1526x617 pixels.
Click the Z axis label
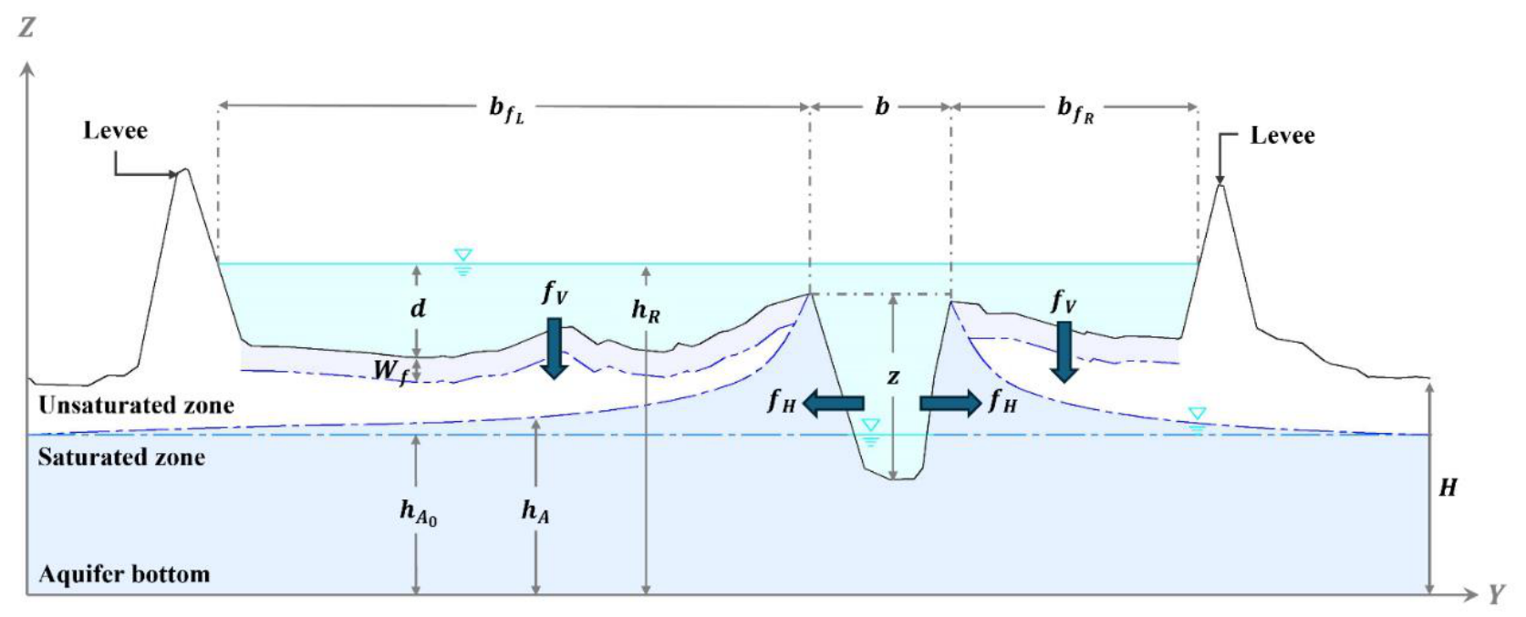click(26, 28)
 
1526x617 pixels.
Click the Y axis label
click(1495, 594)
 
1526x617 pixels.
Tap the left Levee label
click(115, 130)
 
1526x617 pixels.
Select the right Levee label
click(1282, 136)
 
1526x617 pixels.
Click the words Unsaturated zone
click(136, 406)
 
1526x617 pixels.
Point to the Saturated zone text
click(121, 457)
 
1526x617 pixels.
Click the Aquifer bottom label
click(124, 574)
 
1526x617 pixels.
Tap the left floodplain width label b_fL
click(507, 109)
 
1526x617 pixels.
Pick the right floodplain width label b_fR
click(1075, 109)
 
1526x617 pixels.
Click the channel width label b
click(881, 107)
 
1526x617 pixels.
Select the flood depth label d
click(418, 308)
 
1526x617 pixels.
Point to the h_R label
click(645, 311)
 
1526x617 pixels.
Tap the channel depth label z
click(893, 376)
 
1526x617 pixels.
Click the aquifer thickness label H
click(1447, 488)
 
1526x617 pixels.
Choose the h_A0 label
click(418, 512)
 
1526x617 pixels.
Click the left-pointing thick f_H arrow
click(833, 403)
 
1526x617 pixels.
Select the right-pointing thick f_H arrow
click(950, 403)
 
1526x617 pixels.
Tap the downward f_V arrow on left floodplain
click(555, 348)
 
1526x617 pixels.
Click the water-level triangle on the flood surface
click(463, 255)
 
